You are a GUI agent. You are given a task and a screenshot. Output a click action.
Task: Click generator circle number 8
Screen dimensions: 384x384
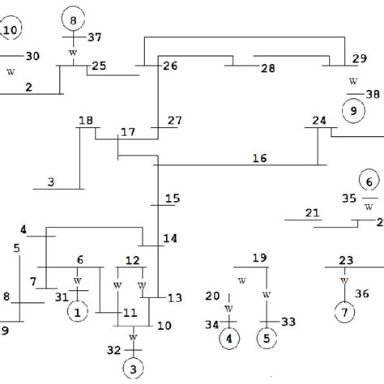[x=74, y=19]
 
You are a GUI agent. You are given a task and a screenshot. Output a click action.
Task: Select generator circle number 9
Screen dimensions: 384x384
[x=352, y=111]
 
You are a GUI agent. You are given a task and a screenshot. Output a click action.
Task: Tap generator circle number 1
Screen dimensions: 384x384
[x=78, y=310]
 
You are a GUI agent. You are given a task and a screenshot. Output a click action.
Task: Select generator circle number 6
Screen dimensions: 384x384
[x=369, y=183]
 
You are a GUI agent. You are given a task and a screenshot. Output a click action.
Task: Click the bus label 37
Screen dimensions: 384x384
[x=95, y=37]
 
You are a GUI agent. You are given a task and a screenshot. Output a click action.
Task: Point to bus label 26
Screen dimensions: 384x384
[x=169, y=66]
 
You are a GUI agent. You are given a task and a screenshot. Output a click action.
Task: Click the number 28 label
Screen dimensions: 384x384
[x=267, y=69]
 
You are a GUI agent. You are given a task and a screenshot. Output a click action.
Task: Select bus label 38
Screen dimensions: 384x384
[x=370, y=93]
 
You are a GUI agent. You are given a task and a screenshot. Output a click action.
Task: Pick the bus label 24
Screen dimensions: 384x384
[x=320, y=122]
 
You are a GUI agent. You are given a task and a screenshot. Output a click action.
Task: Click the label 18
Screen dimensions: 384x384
[x=85, y=121]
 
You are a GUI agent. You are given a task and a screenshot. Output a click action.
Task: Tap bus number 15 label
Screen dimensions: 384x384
[x=173, y=198]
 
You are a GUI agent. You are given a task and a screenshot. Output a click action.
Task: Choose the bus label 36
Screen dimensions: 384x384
[x=362, y=293]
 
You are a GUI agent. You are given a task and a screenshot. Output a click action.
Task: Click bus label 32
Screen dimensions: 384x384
[x=114, y=350]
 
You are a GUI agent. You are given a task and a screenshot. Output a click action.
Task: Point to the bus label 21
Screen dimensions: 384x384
[x=312, y=213]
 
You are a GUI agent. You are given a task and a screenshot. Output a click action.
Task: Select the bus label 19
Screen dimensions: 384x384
[x=258, y=258]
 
